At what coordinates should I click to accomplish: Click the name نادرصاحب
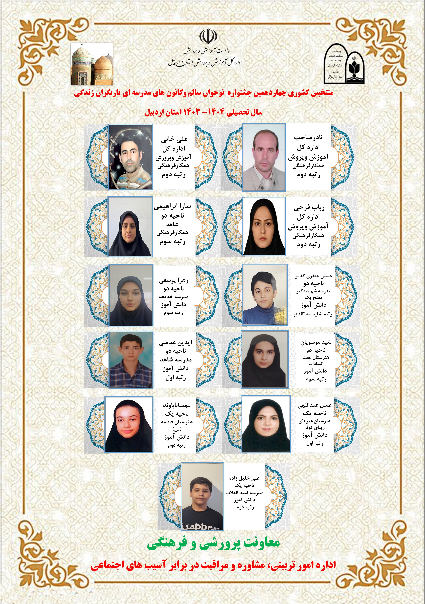tap(308, 138)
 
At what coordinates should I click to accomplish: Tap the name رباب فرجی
tap(309, 208)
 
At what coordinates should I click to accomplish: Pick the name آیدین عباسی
tap(176, 342)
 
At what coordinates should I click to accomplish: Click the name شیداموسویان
tap(316, 342)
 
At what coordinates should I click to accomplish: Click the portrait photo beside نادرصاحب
tap(264, 157)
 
